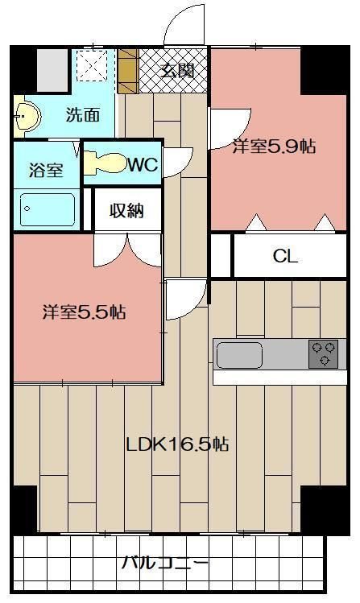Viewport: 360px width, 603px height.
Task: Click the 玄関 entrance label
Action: pyautogui.click(x=177, y=70)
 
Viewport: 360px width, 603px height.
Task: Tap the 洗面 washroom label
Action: pyautogui.click(x=83, y=115)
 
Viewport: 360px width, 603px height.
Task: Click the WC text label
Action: pyautogui.click(x=143, y=164)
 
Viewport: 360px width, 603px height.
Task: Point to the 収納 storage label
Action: pyautogui.click(x=127, y=211)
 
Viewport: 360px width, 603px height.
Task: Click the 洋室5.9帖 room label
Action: pyautogui.click(x=274, y=147)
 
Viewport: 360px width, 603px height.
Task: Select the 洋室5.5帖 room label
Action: pyautogui.click(x=84, y=312)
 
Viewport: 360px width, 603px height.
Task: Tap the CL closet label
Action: pyautogui.click(x=285, y=257)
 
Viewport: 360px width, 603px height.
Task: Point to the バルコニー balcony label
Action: pyautogui.click(x=165, y=563)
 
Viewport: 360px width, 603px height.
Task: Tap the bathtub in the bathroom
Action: pyautogui.click(x=47, y=211)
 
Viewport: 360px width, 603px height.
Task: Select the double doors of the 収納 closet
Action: pyautogui.click(x=126, y=250)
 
